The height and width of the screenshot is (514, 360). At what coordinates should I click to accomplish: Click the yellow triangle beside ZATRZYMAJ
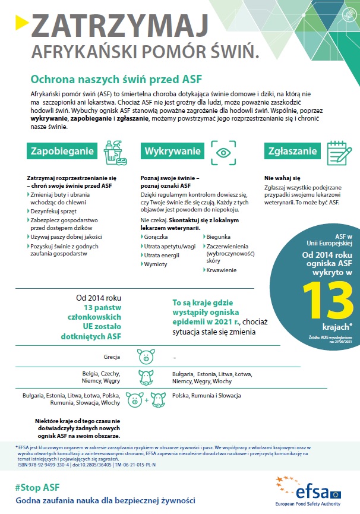pyautogui.click(x=21, y=22)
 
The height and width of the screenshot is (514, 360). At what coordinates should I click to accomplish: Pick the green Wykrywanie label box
pyautogui.click(x=172, y=152)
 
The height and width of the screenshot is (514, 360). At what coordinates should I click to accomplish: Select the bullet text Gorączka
pyautogui.click(x=155, y=236)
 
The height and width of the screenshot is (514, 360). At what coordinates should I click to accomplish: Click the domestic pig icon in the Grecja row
pyautogui.click(x=146, y=358)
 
